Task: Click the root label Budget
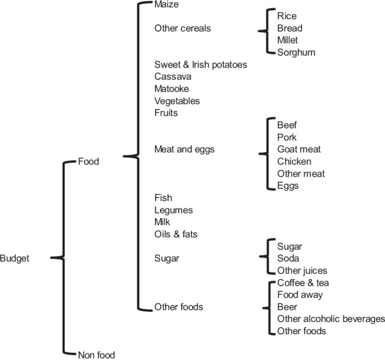pyautogui.click(x=15, y=258)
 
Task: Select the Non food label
pyautogui.click(x=96, y=354)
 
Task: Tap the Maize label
pyautogui.click(x=167, y=4)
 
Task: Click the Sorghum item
pyautogui.click(x=296, y=52)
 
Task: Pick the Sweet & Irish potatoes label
pyautogui.click(x=200, y=64)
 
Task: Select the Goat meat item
pyautogui.click(x=299, y=149)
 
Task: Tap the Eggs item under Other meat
pyautogui.click(x=288, y=185)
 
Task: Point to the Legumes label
pyautogui.click(x=173, y=210)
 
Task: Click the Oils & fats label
pyautogui.click(x=175, y=234)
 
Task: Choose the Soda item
pyautogui.click(x=289, y=258)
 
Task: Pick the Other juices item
pyautogui.click(x=302, y=270)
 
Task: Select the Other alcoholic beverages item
pyautogui.click(x=330, y=319)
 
